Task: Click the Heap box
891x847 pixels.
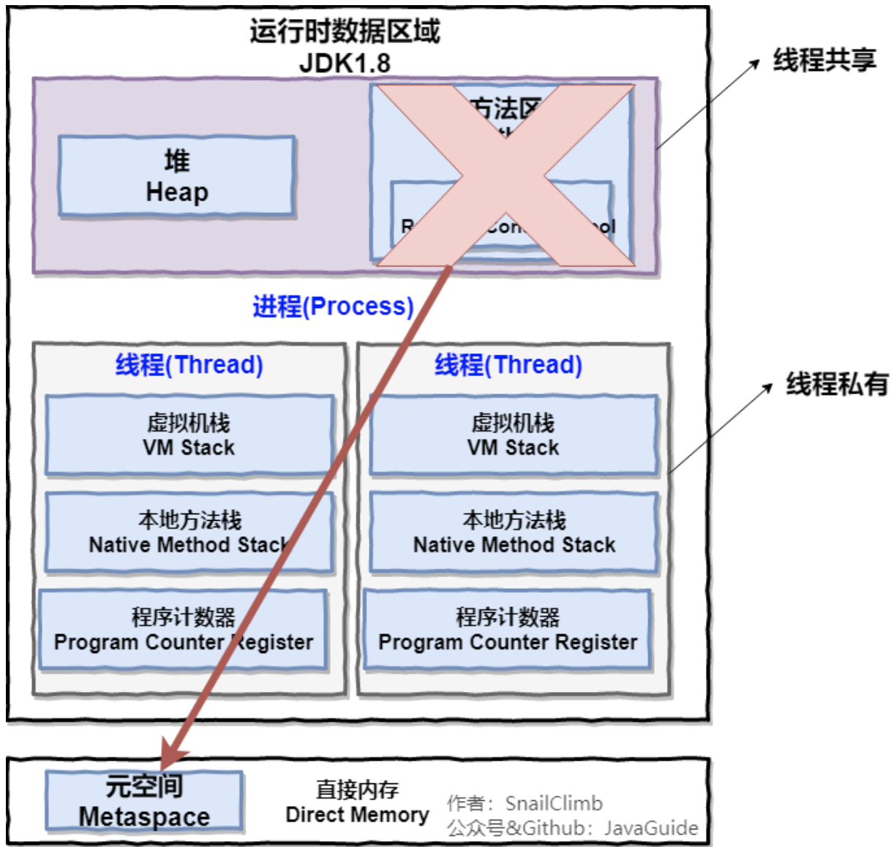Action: coord(176,176)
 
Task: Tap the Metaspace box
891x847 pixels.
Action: coord(144,801)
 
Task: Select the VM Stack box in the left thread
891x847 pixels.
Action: coord(189,435)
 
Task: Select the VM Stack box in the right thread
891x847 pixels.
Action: coord(514,435)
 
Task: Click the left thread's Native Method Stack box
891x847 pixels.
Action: coord(189,532)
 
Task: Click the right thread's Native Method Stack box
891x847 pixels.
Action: coord(514,532)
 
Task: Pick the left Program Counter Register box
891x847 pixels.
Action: coord(183,630)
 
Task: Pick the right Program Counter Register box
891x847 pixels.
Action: coord(507,630)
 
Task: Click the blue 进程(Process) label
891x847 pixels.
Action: coord(333,306)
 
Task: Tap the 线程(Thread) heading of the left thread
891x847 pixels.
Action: coord(189,364)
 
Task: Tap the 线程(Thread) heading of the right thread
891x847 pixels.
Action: coord(508,364)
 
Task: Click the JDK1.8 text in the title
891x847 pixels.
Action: coord(345,63)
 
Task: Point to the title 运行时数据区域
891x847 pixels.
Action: coord(345,31)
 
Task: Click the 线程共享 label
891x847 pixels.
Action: coord(824,60)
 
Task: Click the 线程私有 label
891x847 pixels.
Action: coord(837,384)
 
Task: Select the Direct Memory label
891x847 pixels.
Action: coord(357,802)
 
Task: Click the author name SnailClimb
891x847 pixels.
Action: coord(554,803)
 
